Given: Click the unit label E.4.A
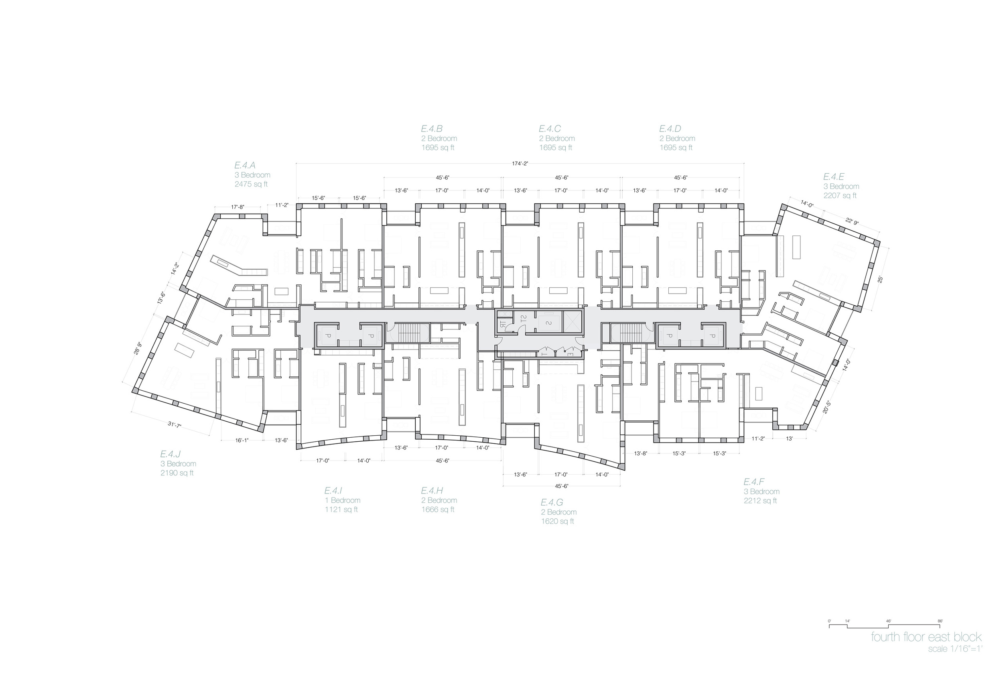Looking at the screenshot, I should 245,165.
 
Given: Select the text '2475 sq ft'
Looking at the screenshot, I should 251,185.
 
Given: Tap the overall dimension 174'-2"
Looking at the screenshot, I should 520,163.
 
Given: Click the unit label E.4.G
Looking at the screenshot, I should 551,502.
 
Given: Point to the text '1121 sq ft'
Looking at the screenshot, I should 341,510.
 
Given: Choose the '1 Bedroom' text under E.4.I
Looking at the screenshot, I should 343,500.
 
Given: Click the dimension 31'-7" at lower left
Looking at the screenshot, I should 175,425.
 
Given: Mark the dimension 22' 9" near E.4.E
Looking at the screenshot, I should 852,221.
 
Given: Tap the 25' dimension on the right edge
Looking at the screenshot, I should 880,279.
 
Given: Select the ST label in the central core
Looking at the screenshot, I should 524,319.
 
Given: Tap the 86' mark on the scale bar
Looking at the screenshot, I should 940,621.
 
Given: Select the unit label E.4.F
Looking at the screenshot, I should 754,482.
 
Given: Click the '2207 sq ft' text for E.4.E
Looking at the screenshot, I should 840,196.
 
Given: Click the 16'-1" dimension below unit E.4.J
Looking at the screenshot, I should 242,440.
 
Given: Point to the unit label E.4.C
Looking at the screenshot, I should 550,128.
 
